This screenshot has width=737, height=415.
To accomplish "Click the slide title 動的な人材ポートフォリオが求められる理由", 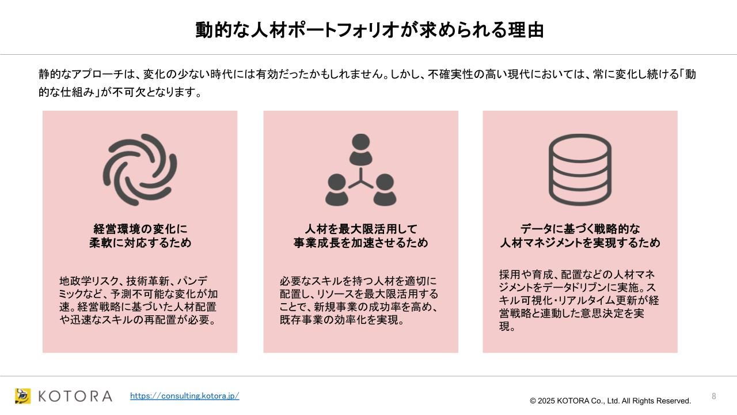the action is [369, 30].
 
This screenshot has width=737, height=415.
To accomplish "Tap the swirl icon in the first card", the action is [140, 169].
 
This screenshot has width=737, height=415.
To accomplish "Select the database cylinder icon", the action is [580, 169].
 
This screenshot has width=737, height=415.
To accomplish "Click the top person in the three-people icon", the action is [360, 149].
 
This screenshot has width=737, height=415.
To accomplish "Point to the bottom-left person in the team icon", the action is [337, 190].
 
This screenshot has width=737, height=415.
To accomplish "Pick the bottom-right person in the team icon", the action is [385, 190].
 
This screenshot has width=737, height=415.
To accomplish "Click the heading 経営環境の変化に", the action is [140, 229].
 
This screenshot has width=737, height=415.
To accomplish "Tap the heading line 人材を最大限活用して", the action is [361, 229].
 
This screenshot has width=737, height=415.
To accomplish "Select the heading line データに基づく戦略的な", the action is [580, 229].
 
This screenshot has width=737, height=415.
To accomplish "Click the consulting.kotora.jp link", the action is [185, 395].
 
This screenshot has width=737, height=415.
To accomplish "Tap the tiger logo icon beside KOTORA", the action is [22, 396].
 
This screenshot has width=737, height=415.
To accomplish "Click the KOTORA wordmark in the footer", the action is [75, 396].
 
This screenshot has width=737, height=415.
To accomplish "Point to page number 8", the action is [713, 396].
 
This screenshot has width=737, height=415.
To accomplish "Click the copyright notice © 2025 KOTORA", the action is [610, 401].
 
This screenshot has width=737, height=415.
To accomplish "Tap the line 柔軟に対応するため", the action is [140, 243].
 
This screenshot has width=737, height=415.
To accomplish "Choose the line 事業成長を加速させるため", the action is [361, 243].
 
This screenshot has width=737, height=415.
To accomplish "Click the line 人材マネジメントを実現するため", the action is [580, 243].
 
